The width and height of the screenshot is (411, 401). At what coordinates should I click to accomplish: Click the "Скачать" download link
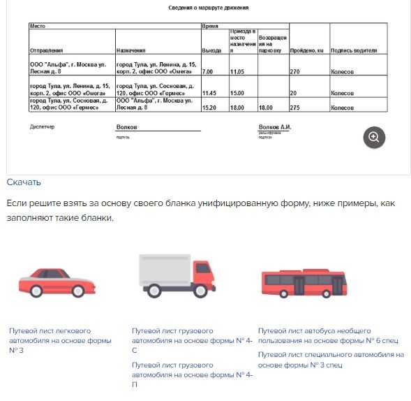(24, 182)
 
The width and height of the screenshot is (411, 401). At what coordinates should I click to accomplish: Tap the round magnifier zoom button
(374, 137)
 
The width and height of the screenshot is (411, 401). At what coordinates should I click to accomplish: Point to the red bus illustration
(302, 282)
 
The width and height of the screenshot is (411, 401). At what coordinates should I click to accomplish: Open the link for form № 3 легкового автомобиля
(59, 340)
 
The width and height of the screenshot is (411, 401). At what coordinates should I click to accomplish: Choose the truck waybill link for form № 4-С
(191, 340)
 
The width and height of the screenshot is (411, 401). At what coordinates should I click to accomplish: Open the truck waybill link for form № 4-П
(191, 374)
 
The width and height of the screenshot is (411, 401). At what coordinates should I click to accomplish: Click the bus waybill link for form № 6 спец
(328, 335)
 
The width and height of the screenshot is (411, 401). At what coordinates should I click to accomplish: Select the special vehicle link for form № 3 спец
(331, 359)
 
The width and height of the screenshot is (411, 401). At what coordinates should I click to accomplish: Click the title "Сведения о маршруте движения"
(209, 8)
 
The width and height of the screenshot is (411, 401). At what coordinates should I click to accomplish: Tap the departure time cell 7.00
(207, 71)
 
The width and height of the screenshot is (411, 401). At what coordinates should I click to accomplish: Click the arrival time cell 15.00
(237, 92)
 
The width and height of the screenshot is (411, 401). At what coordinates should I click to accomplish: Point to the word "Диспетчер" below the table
(42, 126)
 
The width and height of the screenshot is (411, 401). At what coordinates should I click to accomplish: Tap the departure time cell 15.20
(209, 108)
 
